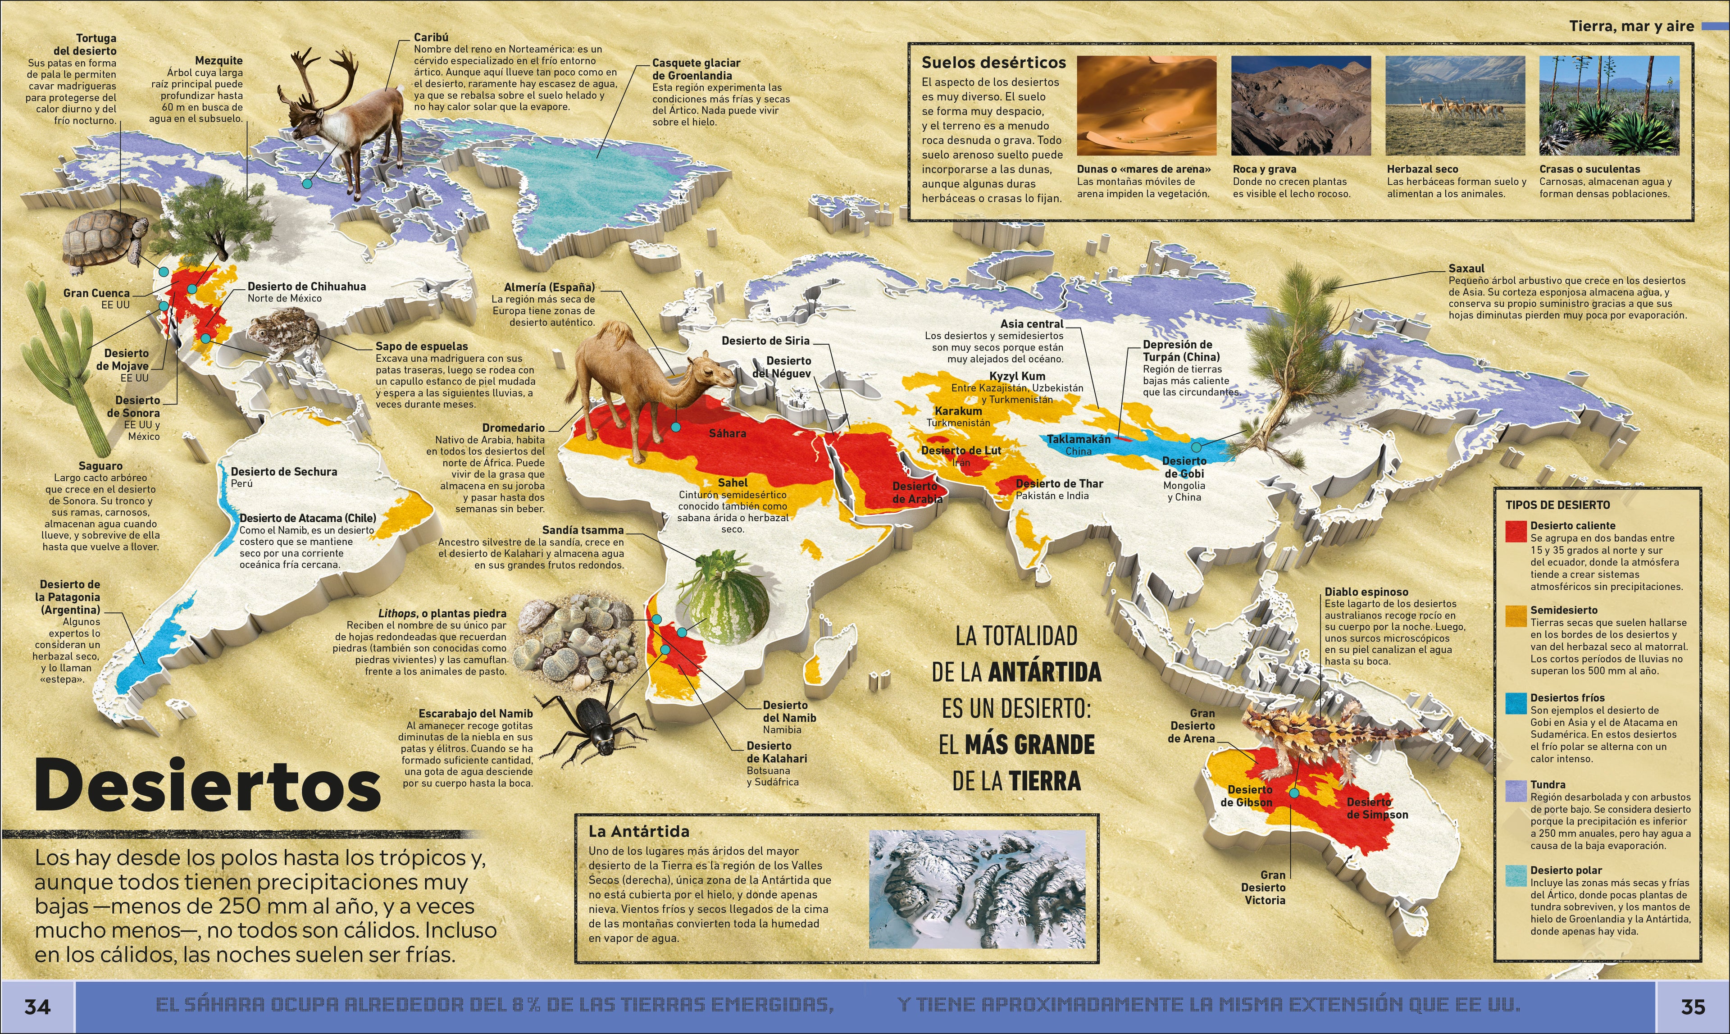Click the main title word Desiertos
208,786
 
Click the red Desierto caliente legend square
1516,531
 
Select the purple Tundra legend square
1516,791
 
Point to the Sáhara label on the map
728,433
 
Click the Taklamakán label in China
1079,440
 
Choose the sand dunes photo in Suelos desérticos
1146,106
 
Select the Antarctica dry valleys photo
977,888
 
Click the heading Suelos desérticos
993,63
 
